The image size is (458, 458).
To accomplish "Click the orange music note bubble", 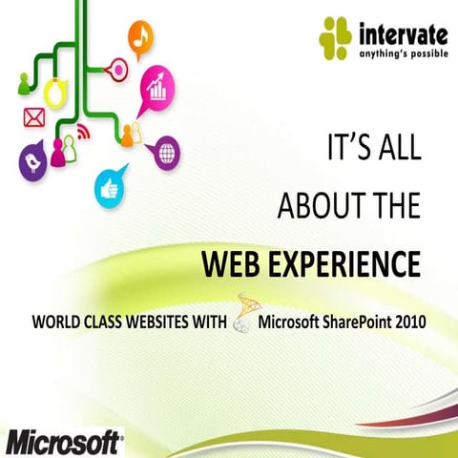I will (142, 39).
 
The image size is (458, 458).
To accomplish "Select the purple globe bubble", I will (167, 150).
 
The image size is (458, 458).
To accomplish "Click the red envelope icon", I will (34, 118).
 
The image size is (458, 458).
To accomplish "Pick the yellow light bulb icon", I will (55, 91).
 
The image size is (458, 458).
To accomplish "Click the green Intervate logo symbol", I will (336, 39).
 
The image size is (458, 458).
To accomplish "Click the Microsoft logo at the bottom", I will (63, 442).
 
